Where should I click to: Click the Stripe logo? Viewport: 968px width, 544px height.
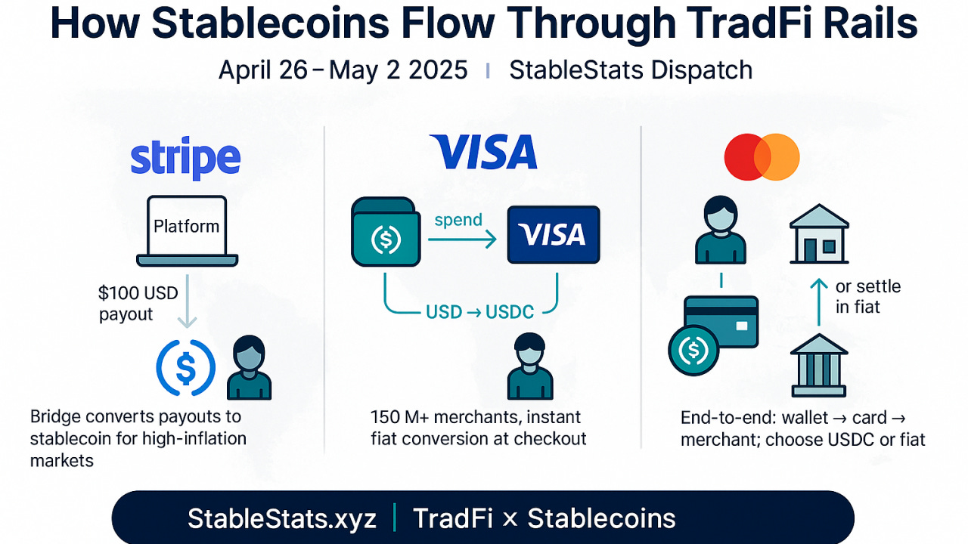tap(185, 159)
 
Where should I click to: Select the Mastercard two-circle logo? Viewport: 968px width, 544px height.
tap(762, 157)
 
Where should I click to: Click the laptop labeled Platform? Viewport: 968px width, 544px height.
tap(187, 230)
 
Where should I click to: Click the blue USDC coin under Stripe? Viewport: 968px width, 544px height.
tap(186, 367)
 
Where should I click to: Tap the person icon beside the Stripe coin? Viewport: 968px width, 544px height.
tap(250, 368)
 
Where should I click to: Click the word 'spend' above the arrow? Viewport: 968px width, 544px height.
tap(458, 220)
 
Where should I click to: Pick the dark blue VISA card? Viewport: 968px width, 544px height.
tap(554, 233)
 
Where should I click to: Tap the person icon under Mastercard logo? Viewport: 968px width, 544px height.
tap(720, 230)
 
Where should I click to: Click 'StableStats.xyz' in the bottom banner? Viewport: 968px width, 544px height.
tap(281, 518)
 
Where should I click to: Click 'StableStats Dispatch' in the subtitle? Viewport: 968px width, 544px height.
tap(631, 70)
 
